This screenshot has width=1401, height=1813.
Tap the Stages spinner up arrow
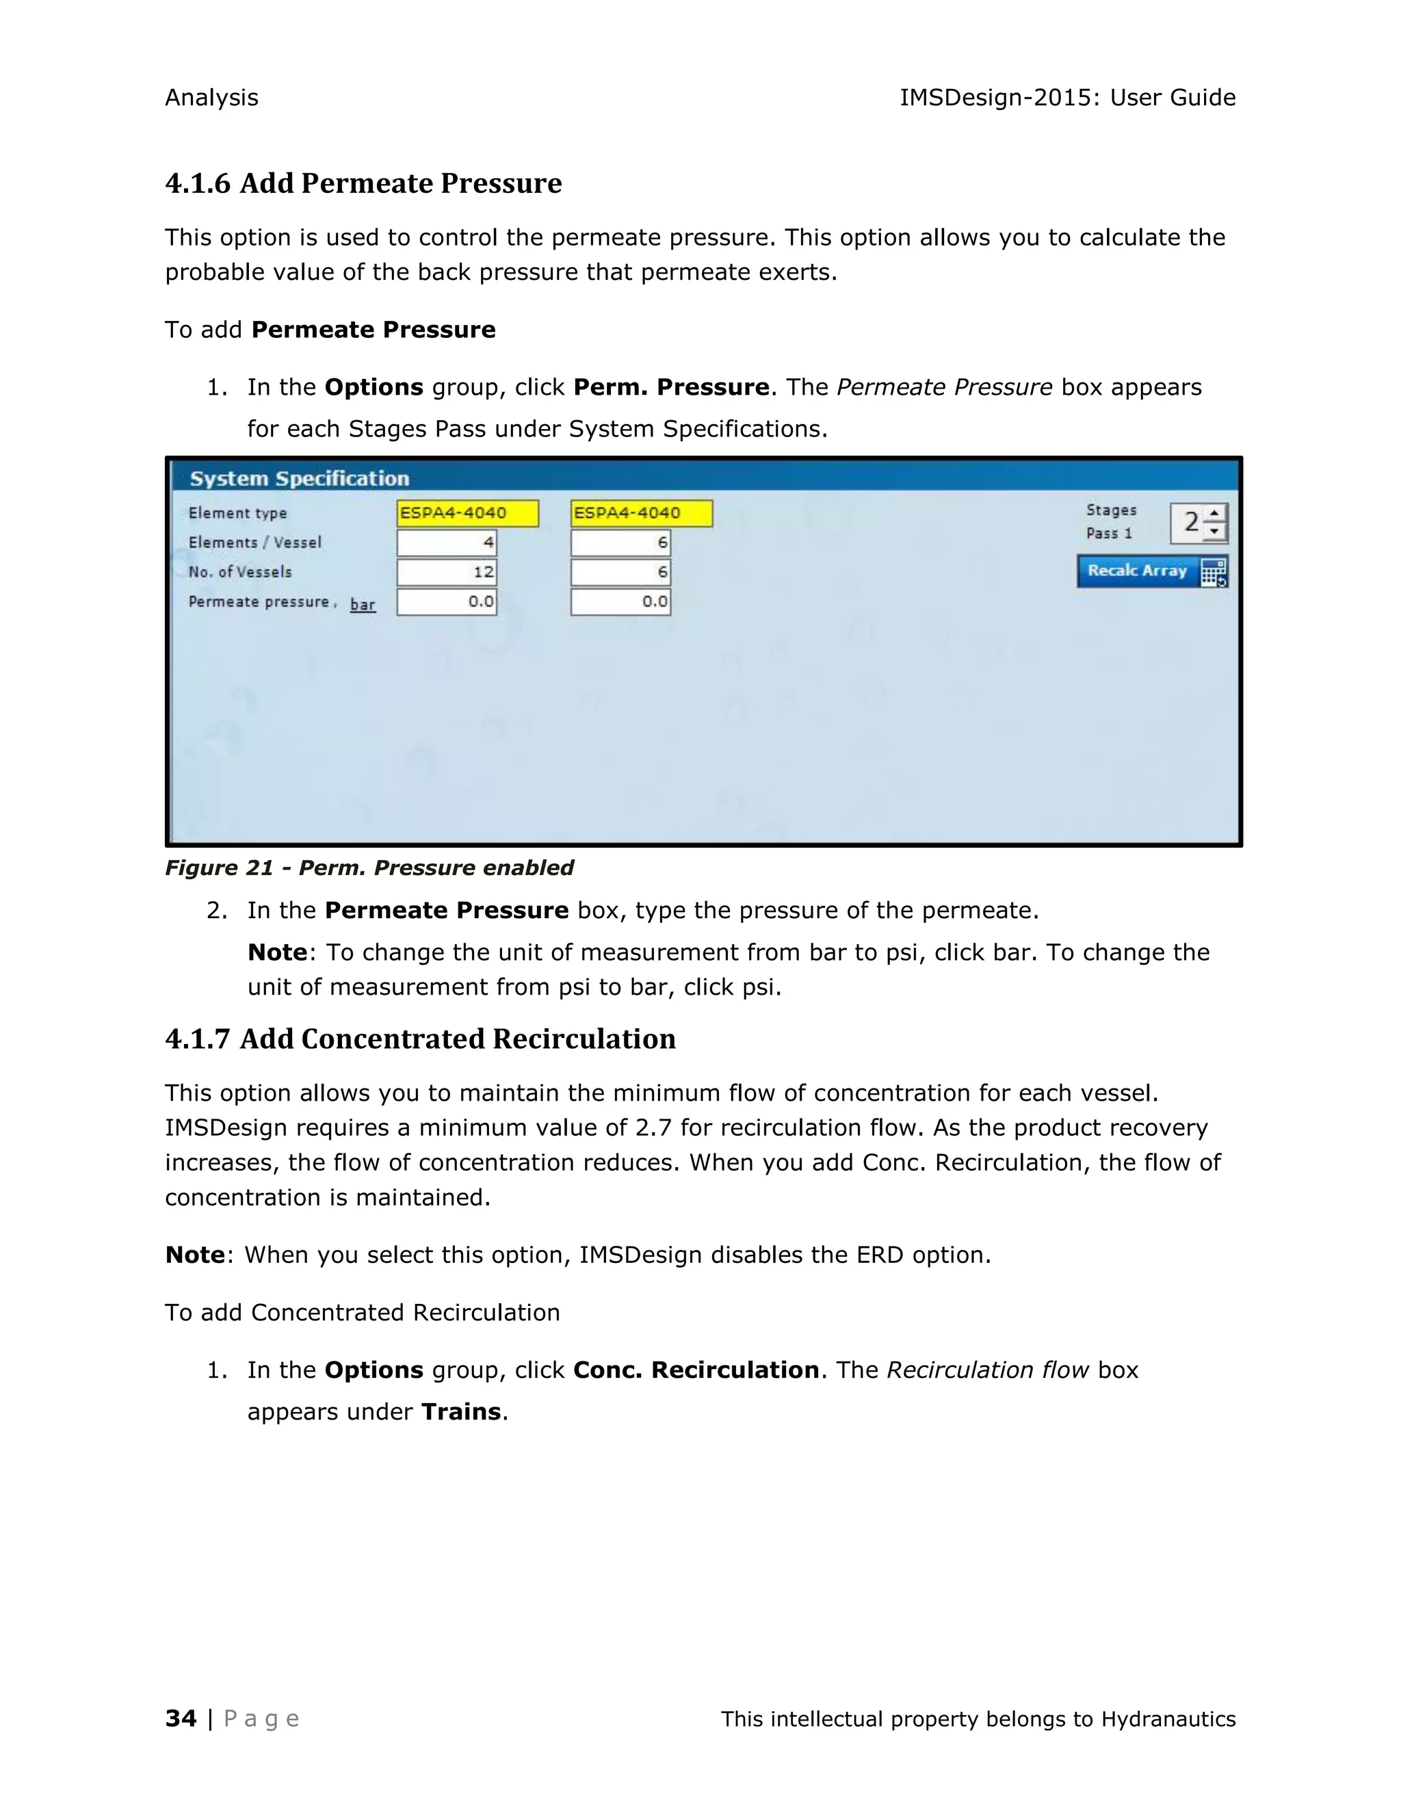tap(1214, 514)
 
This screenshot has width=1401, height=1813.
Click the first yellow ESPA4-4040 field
tap(467, 513)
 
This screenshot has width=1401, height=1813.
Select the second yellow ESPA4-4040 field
tap(641, 513)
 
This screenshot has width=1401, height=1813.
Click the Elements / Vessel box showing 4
tap(447, 543)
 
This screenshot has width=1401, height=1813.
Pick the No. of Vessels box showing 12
tap(447, 572)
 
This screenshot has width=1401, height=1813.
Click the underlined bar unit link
tap(363, 604)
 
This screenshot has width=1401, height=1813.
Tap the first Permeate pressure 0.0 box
tap(447, 602)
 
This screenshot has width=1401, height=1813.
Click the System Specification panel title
tap(299, 478)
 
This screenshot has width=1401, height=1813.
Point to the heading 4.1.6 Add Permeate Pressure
tap(363, 183)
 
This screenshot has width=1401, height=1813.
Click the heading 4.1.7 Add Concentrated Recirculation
tap(420, 1039)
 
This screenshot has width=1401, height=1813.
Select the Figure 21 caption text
tap(369, 868)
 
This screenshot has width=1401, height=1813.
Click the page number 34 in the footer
tap(181, 1719)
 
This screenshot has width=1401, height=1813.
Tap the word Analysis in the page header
tap(211, 98)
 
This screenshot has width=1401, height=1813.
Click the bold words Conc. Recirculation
tap(696, 1370)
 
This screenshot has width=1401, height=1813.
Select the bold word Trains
tap(460, 1412)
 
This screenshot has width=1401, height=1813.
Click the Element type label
tap(237, 513)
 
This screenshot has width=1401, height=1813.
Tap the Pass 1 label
tap(1109, 534)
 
